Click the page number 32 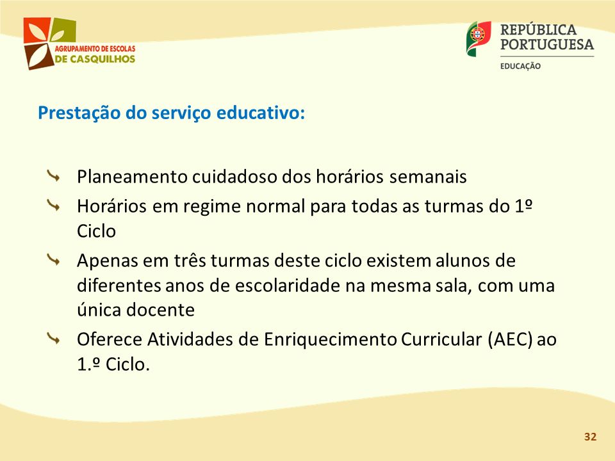click(590, 437)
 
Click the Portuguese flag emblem click(479, 38)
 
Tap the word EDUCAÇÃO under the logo click(520, 66)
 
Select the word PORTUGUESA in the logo click(547, 44)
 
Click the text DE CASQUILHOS click(95, 59)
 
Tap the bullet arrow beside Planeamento click(53, 176)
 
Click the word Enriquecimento click(331, 339)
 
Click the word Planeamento click(132, 177)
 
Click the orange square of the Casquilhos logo click(37, 30)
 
